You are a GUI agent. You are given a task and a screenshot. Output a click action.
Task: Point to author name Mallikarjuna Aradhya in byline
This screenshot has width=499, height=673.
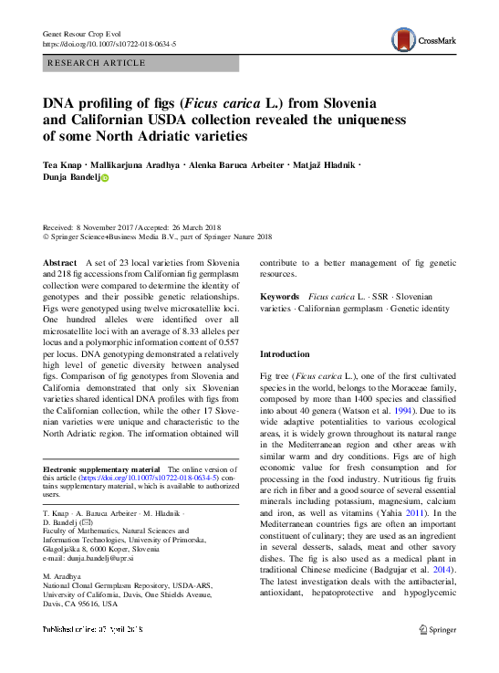134,164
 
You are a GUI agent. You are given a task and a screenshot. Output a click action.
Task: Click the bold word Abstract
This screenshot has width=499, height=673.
61,262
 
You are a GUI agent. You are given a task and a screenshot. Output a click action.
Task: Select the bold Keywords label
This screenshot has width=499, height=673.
279,297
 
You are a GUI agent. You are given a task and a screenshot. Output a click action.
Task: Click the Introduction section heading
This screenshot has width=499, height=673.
286,353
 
